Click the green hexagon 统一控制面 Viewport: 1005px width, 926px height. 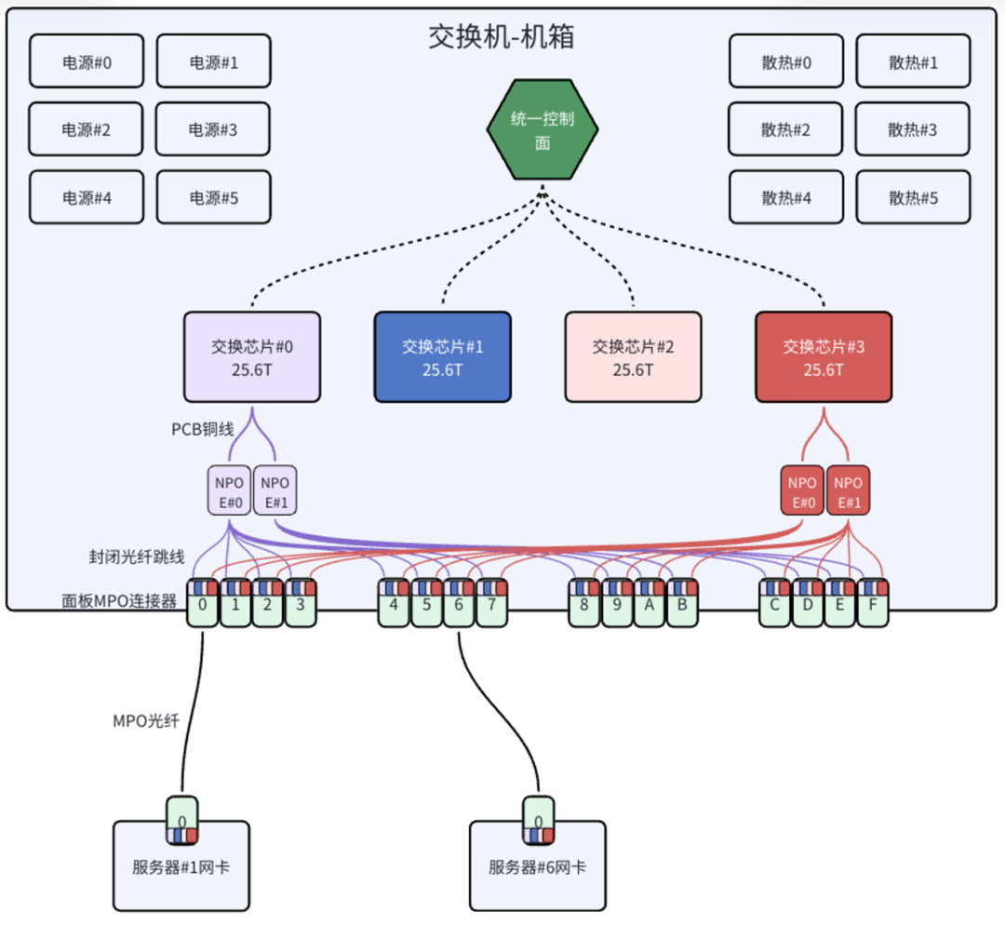pyautogui.click(x=543, y=130)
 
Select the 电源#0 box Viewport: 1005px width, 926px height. pyautogui.click(x=87, y=62)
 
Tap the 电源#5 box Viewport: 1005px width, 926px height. pyautogui.click(x=213, y=197)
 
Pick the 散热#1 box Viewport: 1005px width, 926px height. pyautogui.click(x=913, y=62)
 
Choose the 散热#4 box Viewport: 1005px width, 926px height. pyautogui.click(x=786, y=197)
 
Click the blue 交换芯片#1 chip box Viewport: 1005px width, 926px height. pyautogui.click(x=442, y=357)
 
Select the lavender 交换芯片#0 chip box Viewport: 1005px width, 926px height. pyautogui.click(x=252, y=357)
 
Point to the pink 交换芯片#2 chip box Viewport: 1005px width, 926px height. pyautogui.click(x=633, y=357)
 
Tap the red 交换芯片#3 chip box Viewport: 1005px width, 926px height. pyautogui.click(x=824, y=357)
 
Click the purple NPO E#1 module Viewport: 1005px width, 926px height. pyautogui.click(x=275, y=490)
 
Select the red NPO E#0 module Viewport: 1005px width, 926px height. pyautogui.click(x=802, y=490)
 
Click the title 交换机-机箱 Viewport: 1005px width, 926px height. pyautogui.click(x=502, y=36)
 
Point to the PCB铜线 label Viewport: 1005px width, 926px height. pyautogui.click(x=203, y=429)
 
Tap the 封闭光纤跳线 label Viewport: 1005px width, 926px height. pyautogui.click(x=137, y=557)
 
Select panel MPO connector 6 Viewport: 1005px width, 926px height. pyautogui.click(x=459, y=604)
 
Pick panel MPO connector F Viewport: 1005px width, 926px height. pyautogui.click(x=873, y=604)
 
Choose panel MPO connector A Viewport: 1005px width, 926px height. pyautogui.click(x=650, y=604)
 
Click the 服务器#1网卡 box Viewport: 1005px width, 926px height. pyautogui.click(x=181, y=866)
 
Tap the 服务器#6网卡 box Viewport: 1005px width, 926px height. pyautogui.click(x=538, y=866)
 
